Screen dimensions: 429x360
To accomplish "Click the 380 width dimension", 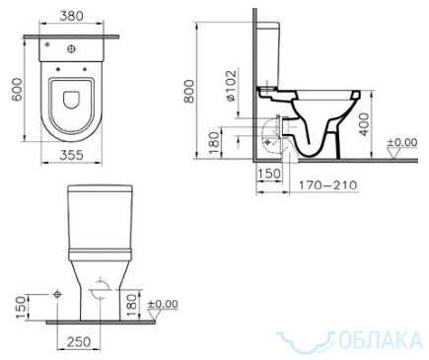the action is (71, 16).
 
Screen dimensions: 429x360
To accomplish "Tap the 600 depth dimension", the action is (17, 90).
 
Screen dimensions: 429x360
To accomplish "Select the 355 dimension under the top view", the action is (71, 155).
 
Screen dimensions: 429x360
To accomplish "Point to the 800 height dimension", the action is (189, 91).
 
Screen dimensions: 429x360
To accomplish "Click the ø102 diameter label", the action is (231, 85).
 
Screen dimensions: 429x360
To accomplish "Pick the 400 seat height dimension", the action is (364, 124).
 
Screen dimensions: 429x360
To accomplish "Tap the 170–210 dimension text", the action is (327, 185).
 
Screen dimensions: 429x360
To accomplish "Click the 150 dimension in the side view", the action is (269, 174).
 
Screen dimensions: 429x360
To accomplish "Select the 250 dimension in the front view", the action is (79, 342).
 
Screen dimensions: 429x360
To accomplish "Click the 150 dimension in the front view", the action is (21, 308).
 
